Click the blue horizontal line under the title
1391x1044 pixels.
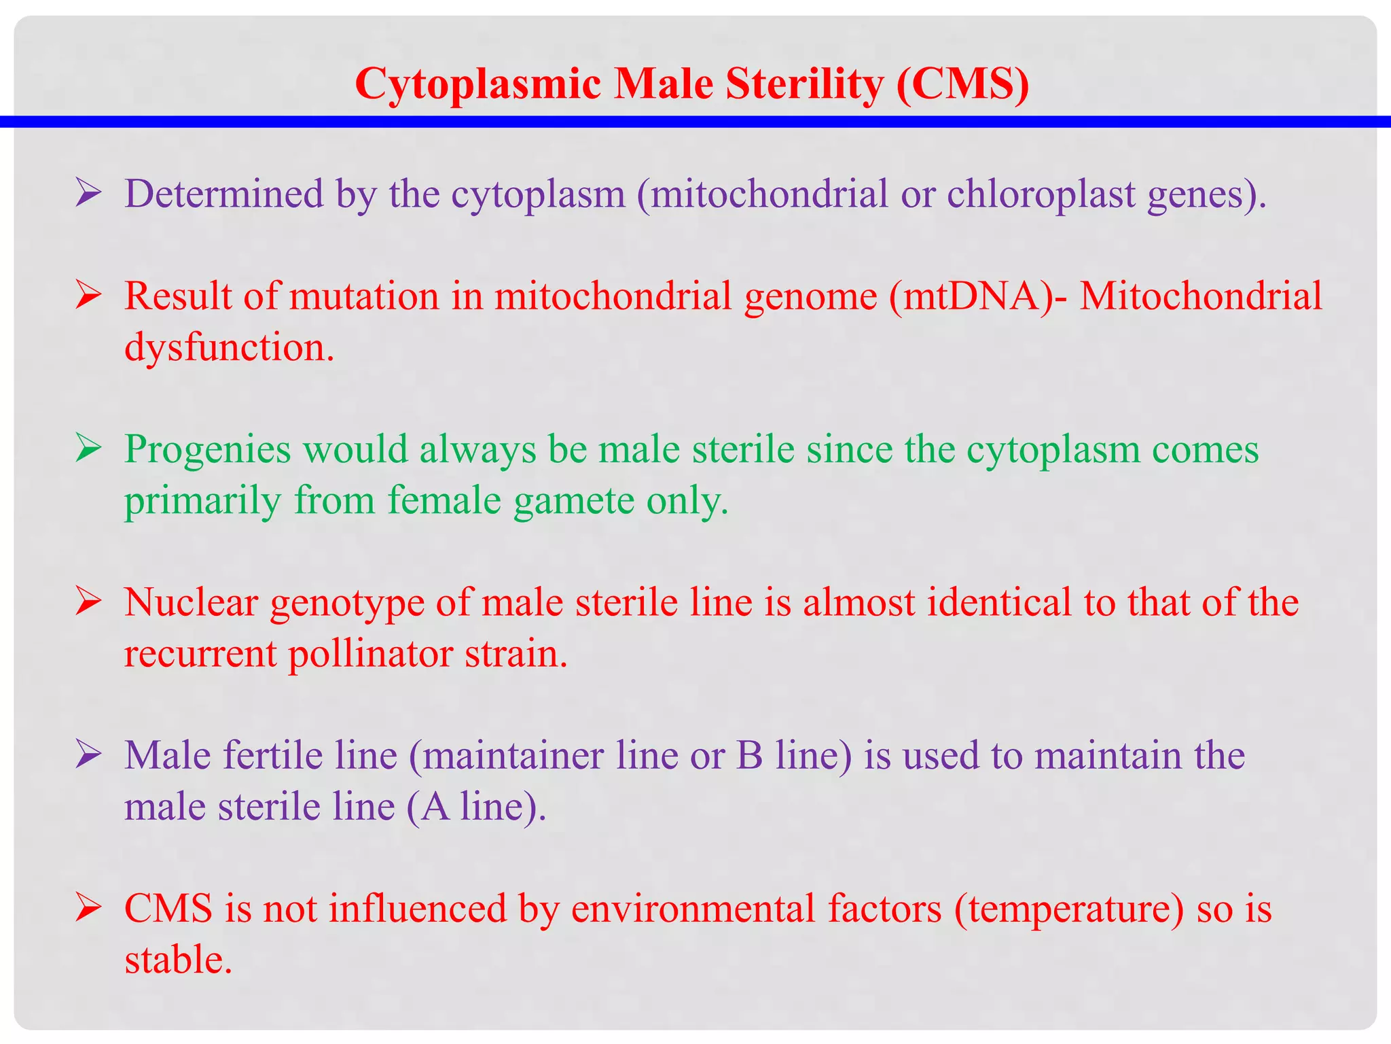click(695, 122)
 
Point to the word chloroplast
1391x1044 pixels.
click(1041, 194)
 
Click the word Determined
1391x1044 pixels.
click(224, 194)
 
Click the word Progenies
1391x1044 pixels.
click(208, 449)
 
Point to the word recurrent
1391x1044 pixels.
click(200, 654)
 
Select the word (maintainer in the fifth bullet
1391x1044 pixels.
click(506, 756)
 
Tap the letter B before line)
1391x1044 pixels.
click(750, 756)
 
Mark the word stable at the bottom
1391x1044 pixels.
click(179, 960)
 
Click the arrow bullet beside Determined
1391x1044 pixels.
click(89, 193)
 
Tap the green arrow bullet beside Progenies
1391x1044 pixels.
click(89, 449)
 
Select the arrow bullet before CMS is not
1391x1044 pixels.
click(89, 908)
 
